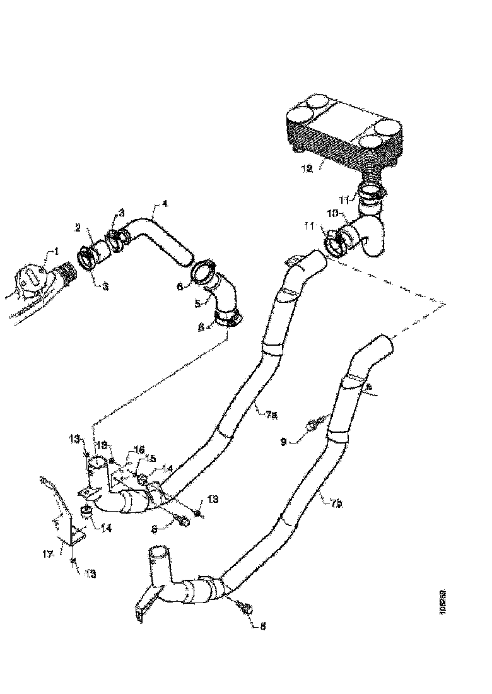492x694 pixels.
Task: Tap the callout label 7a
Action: (x=271, y=415)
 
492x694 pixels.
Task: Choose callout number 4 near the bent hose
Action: (x=165, y=204)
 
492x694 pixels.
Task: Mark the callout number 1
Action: (x=56, y=251)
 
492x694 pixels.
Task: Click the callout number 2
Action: (x=78, y=227)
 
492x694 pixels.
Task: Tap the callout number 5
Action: (x=198, y=303)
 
